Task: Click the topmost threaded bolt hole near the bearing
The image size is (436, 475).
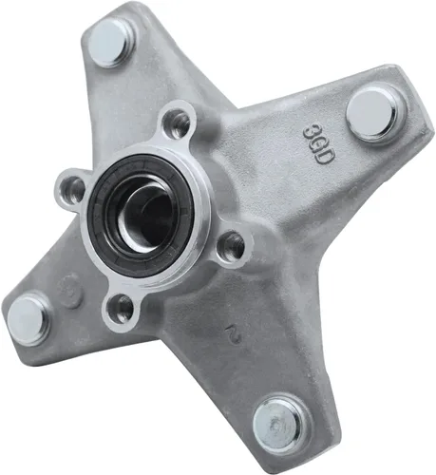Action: [x=176, y=123]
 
